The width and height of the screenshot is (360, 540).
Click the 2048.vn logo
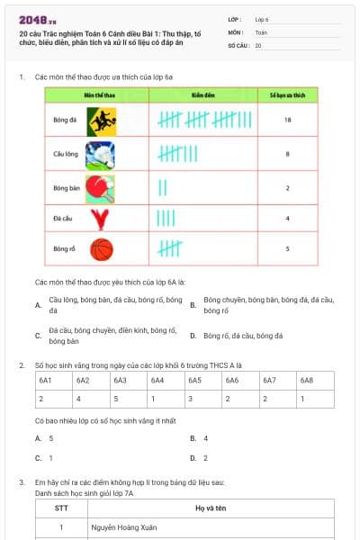(x=37, y=20)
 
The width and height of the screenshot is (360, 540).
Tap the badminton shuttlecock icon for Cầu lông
(x=101, y=155)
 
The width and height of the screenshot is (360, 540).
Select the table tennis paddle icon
(x=101, y=188)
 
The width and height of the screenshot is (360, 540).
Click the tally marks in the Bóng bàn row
(x=164, y=188)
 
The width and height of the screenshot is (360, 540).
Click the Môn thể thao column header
(x=79, y=94)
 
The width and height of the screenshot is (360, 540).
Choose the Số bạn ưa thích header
(x=286, y=94)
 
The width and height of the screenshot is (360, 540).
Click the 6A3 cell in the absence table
(x=120, y=381)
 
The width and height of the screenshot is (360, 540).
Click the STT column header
(x=61, y=508)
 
